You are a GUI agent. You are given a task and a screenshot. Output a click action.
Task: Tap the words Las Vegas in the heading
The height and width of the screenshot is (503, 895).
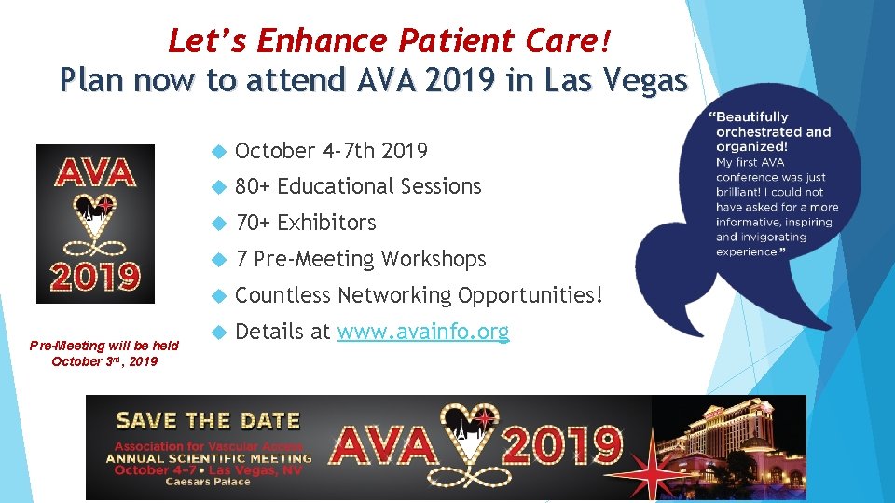626,81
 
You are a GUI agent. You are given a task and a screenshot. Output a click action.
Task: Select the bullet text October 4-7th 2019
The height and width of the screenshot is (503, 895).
331,151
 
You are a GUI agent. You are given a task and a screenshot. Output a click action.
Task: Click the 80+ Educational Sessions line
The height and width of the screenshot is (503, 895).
358,187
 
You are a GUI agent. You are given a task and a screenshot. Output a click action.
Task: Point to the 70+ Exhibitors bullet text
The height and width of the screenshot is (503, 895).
306,224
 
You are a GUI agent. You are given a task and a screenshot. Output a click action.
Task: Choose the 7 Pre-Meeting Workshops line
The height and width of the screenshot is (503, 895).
361,259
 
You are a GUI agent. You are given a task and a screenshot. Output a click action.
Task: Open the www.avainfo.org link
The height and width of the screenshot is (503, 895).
422,332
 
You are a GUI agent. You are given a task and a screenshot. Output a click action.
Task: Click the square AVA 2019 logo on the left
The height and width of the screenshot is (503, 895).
95,224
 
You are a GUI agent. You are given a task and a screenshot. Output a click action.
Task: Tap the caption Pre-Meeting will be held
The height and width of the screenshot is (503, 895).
104,346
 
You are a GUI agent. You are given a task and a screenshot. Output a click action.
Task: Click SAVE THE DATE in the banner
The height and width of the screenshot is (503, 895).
207,421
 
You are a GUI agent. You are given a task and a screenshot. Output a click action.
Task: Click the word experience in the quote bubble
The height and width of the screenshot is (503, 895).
745,251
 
